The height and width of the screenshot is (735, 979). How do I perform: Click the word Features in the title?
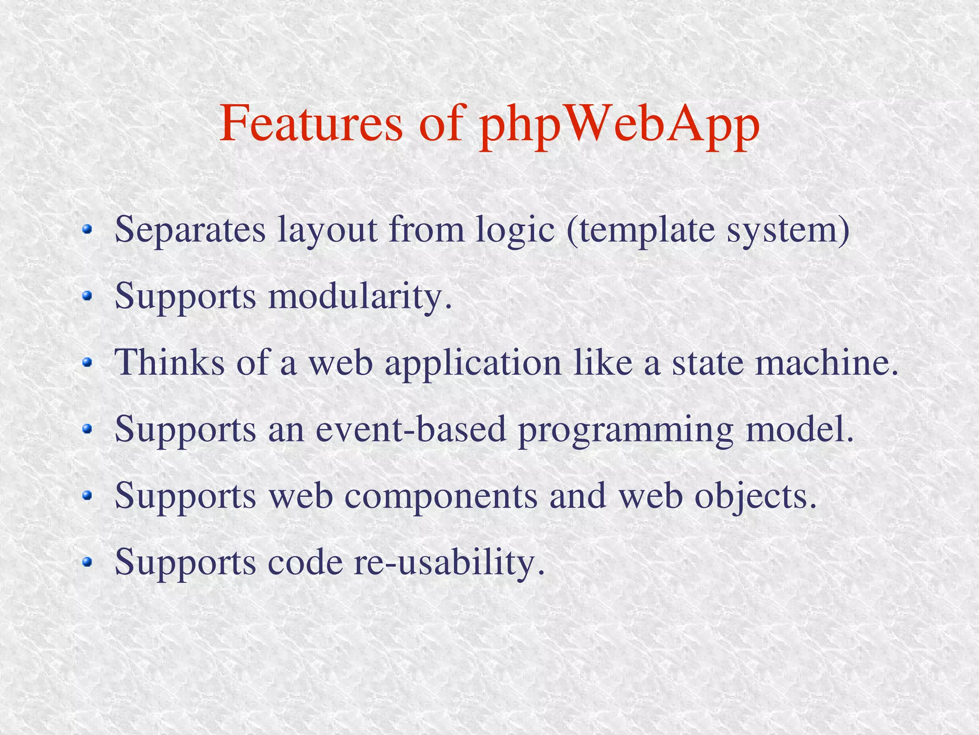[x=311, y=123]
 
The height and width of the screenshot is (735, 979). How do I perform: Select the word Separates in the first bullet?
[x=190, y=230]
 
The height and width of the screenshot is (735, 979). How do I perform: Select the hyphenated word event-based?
[x=411, y=429]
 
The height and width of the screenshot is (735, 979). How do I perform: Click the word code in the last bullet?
[x=305, y=562]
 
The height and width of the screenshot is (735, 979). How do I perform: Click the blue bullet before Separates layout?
[x=87, y=230]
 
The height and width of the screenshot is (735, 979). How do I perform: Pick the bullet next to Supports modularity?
[x=87, y=296]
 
